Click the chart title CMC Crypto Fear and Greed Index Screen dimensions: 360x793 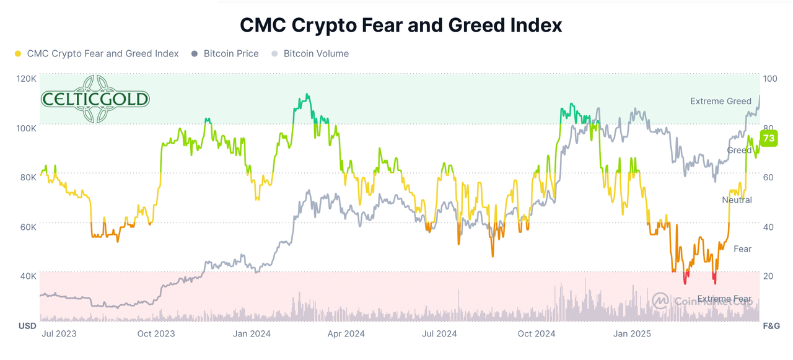tap(401, 25)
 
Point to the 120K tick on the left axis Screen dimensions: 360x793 tap(27, 79)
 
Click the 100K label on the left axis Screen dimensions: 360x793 tap(27, 128)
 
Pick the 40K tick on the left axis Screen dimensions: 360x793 tap(27, 276)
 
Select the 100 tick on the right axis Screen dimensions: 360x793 tap(770, 79)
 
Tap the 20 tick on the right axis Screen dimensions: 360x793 tap(768, 276)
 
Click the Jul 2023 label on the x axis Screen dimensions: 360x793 tap(59, 334)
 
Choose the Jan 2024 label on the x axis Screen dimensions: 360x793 tap(251, 334)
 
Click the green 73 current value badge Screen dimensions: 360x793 tap(768, 138)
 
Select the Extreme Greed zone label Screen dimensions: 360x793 tap(721, 101)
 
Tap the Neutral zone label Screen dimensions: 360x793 tap(737, 200)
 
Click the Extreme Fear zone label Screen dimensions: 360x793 tap(724, 299)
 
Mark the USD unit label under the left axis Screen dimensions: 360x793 tap(27, 326)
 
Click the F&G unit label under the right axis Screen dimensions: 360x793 tap(771, 326)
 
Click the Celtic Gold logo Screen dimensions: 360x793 tap(95, 99)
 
